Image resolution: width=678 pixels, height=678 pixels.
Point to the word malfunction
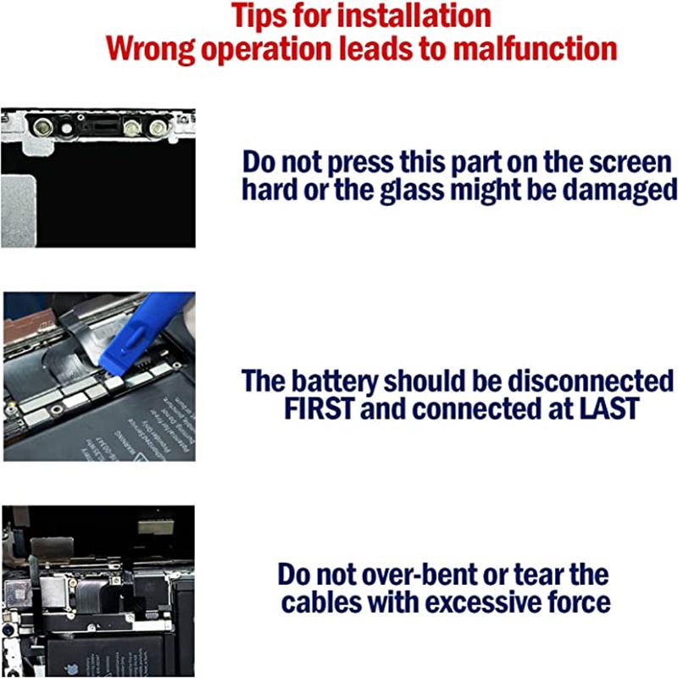[535, 47]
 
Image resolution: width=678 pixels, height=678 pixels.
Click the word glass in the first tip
[412, 190]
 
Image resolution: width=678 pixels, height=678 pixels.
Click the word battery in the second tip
[335, 382]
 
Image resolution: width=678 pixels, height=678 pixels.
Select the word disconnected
[590, 381]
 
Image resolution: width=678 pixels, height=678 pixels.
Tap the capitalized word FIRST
[319, 408]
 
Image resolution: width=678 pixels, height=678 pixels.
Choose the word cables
[321, 602]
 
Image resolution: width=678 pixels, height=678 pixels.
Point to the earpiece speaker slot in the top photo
[103, 126]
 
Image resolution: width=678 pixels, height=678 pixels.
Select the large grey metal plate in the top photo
[19, 211]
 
